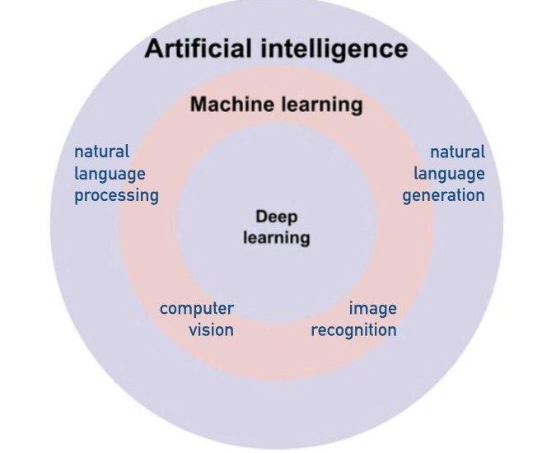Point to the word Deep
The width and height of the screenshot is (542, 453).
[x=276, y=217]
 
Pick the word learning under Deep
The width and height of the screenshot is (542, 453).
[x=276, y=238]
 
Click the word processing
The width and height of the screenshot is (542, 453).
[x=116, y=196]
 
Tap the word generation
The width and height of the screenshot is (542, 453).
[x=443, y=196]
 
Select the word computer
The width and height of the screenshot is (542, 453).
[x=197, y=309]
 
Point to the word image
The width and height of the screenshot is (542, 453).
[x=372, y=309]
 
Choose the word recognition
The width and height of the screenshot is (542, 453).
[x=353, y=330]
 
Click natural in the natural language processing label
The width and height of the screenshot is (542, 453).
[x=102, y=152]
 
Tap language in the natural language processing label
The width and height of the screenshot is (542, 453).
[x=110, y=174]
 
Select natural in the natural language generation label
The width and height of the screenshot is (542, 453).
[x=457, y=152]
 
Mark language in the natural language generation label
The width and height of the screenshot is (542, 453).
[x=449, y=174]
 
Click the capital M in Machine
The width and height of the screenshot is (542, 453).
[x=199, y=105]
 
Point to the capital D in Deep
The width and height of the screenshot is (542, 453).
[x=261, y=217]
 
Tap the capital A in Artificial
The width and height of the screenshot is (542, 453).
[x=154, y=49]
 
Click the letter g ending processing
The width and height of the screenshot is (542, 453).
[x=153, y=198]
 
